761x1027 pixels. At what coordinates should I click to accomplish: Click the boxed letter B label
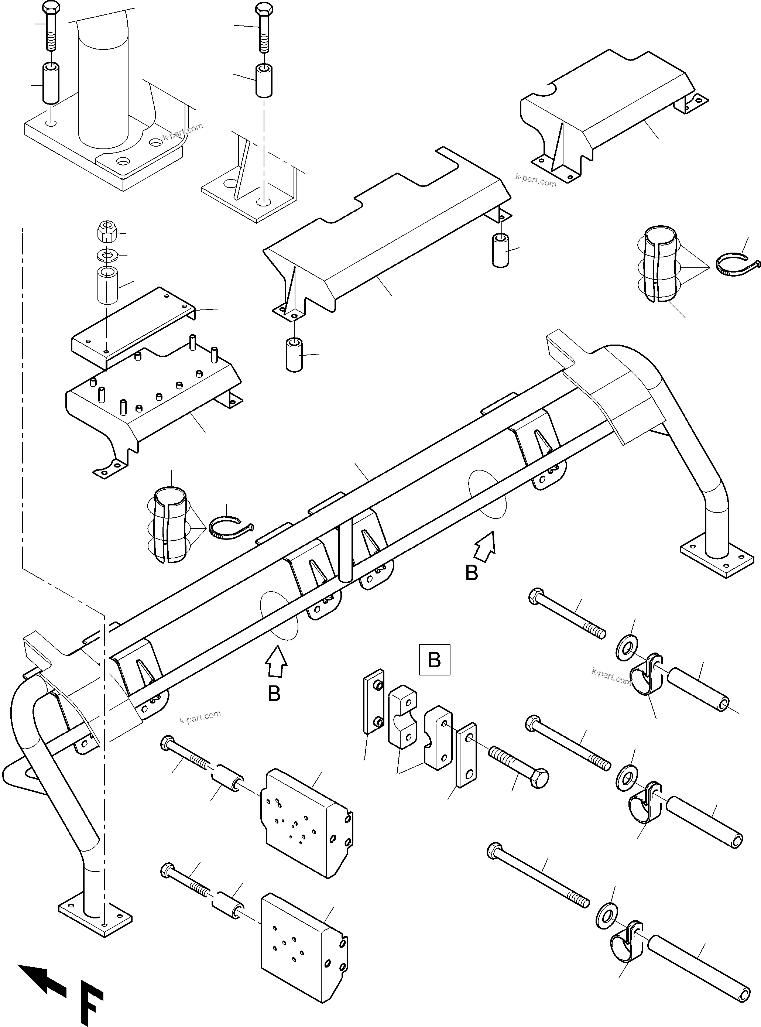click(434, 660)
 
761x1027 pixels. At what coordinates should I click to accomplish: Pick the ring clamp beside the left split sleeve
click(229, 528)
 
